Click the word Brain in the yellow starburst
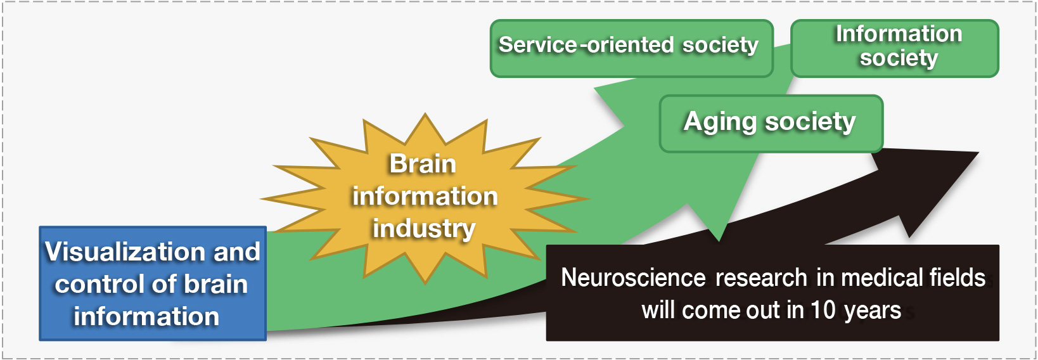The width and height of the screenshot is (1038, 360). (423, 164)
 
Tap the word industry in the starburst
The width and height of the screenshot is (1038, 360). (424, 228)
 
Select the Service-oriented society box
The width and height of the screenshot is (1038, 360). (632, 48)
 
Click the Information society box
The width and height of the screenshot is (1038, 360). (895, 48)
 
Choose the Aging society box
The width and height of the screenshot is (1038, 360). (771, 124)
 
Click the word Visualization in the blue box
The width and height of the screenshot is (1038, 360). (125, 252)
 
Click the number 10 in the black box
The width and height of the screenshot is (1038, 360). (823, 310)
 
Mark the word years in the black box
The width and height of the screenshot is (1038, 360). (873, 311)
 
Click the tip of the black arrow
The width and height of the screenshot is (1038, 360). (978, 153)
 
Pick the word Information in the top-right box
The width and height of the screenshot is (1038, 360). (899, 34)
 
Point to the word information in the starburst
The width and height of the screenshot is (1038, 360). (425, 196)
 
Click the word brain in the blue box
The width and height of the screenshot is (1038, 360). (216, 284)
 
